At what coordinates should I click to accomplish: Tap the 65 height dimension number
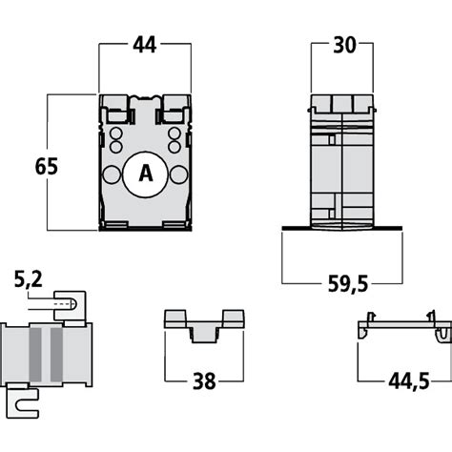pos(46,165)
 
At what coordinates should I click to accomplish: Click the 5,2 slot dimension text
pos(28,279)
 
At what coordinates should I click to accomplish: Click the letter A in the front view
pos(145,174)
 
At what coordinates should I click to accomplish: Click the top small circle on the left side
pos(115,134)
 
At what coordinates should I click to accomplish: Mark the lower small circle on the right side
pos(175,147)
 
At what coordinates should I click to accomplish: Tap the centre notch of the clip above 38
pos(202,332)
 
